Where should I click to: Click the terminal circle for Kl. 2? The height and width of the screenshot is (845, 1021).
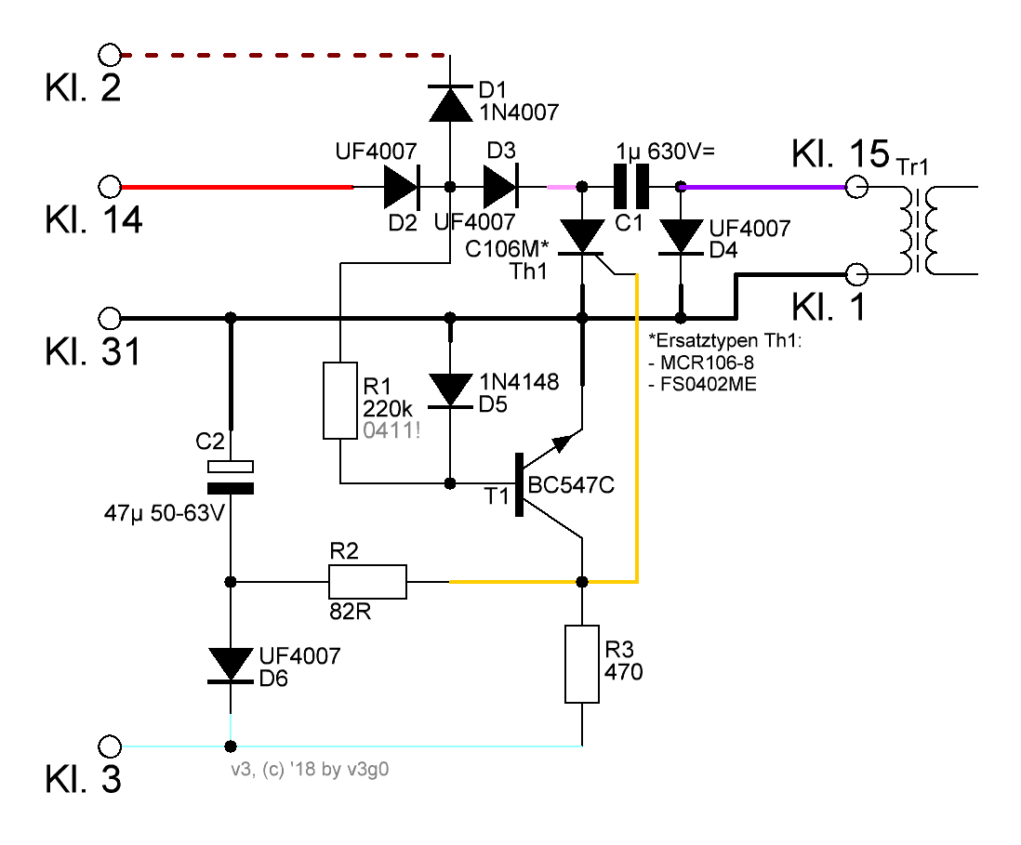pos(110,56)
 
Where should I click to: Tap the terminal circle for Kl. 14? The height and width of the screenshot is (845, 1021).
pos(110,187)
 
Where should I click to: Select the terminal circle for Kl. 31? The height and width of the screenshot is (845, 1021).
pos(110,318)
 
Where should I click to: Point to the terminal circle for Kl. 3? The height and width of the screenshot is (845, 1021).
pos(110,746)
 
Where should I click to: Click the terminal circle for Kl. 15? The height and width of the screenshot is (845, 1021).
pos(856,187)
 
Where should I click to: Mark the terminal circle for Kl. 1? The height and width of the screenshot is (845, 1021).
pos(856,274)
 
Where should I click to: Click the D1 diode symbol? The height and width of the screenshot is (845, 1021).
pos(451,103)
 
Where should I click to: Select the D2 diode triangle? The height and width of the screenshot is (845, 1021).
pos(402,187)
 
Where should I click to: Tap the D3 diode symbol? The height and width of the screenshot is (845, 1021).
pos(500,187)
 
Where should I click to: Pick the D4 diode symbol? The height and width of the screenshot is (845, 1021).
pos(681,237)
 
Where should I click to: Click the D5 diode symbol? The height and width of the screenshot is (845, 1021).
pos(451,390)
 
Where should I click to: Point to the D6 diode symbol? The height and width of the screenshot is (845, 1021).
pos(231,666)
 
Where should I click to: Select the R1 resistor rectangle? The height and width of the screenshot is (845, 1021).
pos(340,401)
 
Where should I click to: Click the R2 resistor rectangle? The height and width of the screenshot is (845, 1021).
pos(368,581)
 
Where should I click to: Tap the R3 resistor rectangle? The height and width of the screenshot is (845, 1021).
pos(582,664)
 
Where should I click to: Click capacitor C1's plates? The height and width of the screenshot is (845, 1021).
pos(631,187)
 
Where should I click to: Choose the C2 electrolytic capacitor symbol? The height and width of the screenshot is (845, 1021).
pos(231,477)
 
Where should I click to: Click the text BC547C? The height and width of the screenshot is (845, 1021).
pos(571,485)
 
